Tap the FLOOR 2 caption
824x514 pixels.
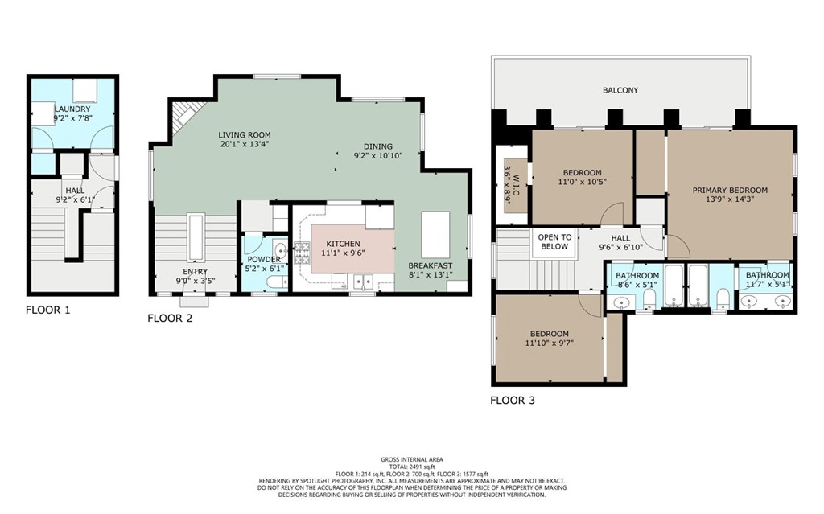(x=170, y=319)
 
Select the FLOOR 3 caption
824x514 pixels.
(x=513, y=400)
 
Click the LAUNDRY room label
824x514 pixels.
(x=72, y=109)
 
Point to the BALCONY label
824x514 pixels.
(x=620, y=90)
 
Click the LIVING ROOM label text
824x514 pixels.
(x=245, y=135)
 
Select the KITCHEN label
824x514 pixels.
(x=343, y=244)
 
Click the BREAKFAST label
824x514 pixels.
(x=431, y=265)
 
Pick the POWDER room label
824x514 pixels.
(x=264, y=259)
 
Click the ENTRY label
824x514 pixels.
(x=196, y=272)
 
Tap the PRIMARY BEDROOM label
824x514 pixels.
(x=730, y=191)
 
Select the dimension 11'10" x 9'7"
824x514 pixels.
(x=549, y=343)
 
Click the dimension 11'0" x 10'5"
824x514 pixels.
(x=582, y=182)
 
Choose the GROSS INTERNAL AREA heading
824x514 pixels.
(x=411, y=459)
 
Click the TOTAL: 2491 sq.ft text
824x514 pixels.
(x=411, y=467)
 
